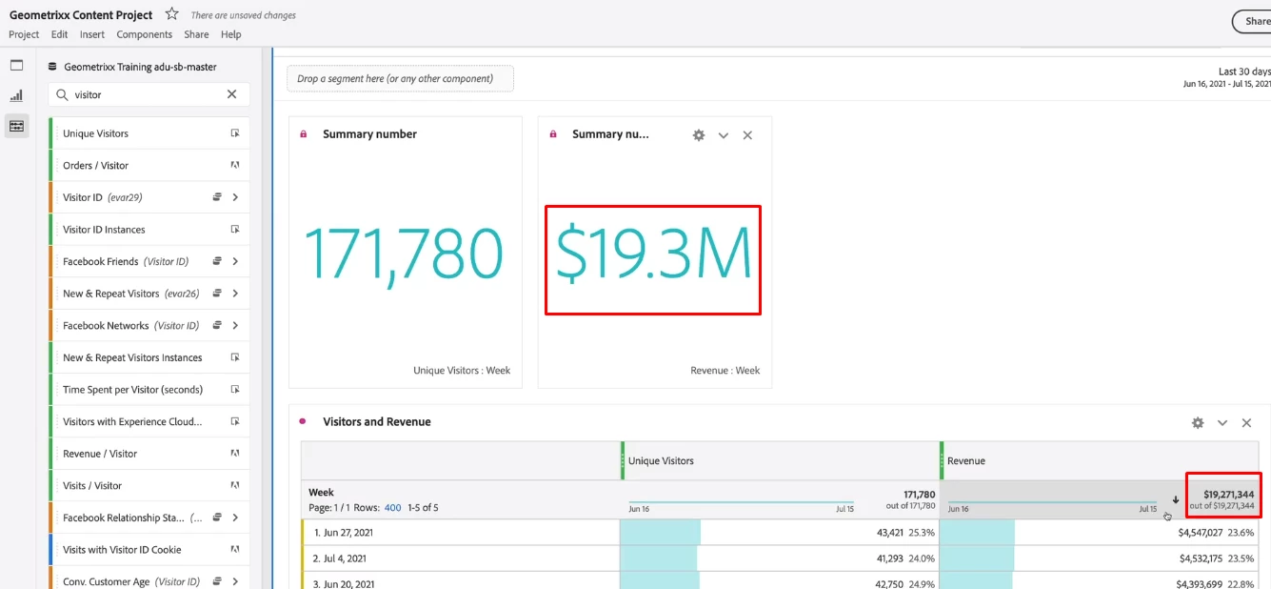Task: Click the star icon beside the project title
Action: (x=171, y=14)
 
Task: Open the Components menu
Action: (x=145, y=34)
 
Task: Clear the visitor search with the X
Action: (x=231, y=94)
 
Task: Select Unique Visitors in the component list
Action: (x=96, y=133)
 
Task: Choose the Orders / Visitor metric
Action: (x=96, y=166)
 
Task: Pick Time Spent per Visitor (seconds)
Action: (x=133, y=390)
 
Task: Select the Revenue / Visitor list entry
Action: (x=100, y=454)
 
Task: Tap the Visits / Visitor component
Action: (x=92, y=486)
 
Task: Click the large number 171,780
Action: (x=404, y=254)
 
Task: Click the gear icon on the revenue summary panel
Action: (x=699, y=135)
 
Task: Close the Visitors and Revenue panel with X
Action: (x=1246, y=422)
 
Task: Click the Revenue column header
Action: (x=966, y=461)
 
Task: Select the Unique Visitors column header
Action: (x=661, y=461)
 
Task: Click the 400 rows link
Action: (x=392, y=508)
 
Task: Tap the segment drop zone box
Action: (x=400, y=79)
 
